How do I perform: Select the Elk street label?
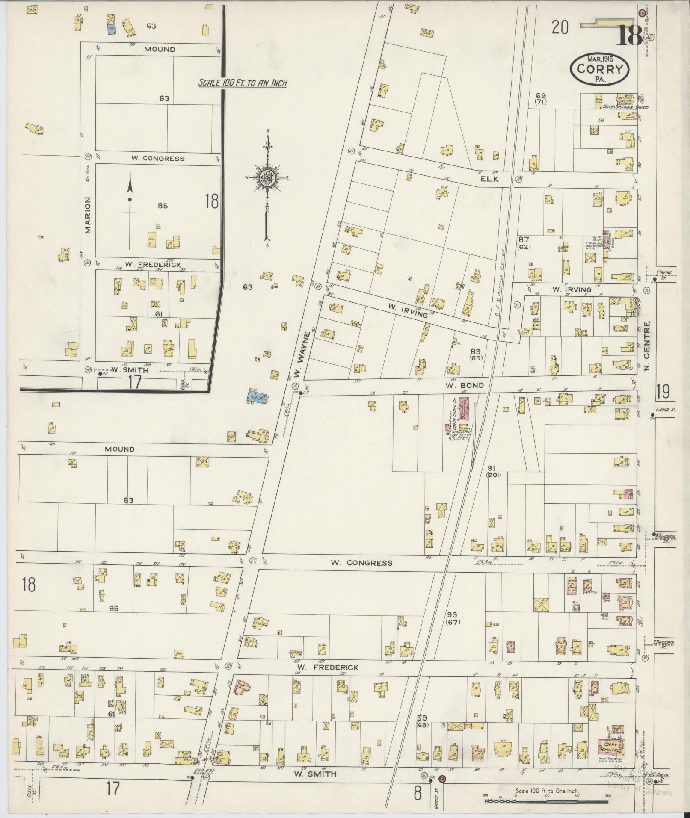pos(489,179)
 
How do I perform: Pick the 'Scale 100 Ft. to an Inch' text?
pos(242,83)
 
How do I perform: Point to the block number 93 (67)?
pos(452,618)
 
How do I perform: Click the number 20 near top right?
pos(560,28)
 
